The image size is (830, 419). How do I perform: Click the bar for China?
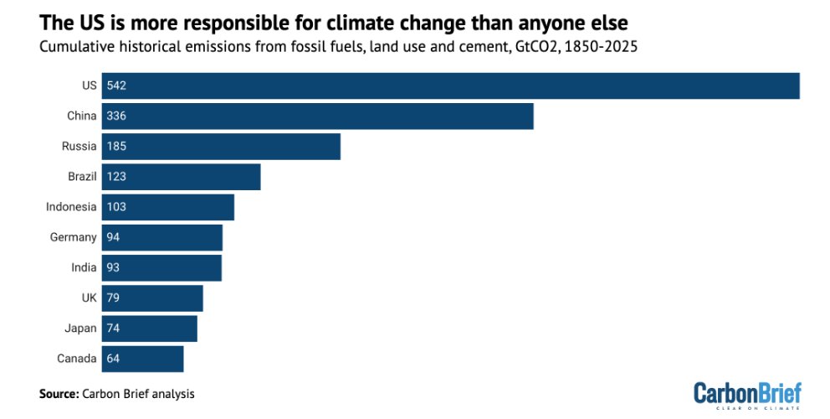pos(317,116)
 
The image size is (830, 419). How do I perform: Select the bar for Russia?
pos(221,146)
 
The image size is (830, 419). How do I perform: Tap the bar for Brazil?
pos(181,177)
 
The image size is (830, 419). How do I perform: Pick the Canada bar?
pos(142,359)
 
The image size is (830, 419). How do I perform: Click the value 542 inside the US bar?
pos(116,85)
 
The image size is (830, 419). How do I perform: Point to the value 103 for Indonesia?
pos(116,207)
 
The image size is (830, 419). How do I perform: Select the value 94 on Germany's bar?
pos(114,237)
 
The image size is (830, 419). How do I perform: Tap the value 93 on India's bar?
pos(114,267)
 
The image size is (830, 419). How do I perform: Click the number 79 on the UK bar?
pos(114,298)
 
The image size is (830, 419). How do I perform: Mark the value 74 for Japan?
pos(114,328)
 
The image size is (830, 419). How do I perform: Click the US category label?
pos(89,85)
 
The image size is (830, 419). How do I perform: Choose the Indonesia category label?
pos(71,207)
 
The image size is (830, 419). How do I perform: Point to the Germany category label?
pos(74,237)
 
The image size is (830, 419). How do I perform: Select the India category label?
pos(83,267)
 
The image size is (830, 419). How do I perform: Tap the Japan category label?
pos(81,328)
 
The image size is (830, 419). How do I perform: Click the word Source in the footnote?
pos(58,392)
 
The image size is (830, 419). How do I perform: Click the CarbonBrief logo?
pos(747,393)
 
